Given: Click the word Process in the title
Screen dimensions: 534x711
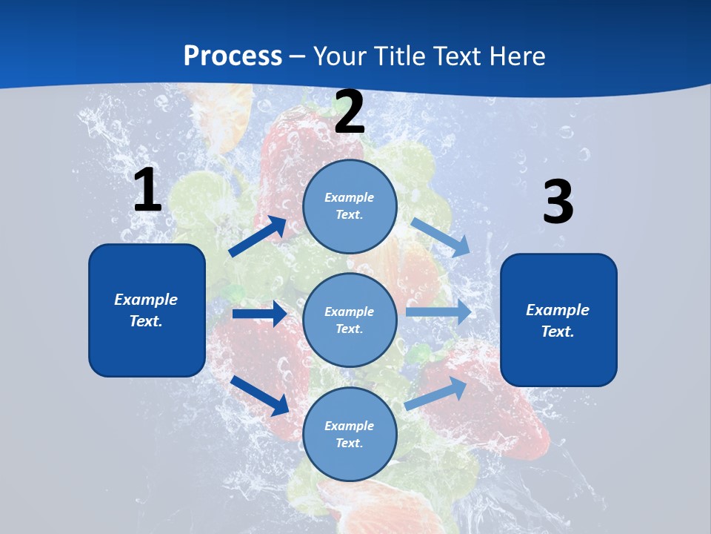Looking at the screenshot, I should click(x=233, y=56).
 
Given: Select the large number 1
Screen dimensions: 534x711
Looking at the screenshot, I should click(x=147, y=191).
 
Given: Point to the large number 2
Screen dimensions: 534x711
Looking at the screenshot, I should click(x=350, y=113).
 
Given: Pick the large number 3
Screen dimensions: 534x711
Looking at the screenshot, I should click(x=558, y=202).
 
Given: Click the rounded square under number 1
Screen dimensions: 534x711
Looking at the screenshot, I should click(x=147, y=310).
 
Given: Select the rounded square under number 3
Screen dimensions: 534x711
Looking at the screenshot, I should click(x=558, y=320).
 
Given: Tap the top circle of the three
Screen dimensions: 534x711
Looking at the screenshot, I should click(x=350, y=205).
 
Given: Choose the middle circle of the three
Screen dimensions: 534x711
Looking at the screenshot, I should click(x=350, y=320).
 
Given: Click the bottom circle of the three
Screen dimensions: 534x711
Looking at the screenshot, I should click(x=350, y=434).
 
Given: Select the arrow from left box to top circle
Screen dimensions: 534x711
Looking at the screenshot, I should click(x=258, y=237).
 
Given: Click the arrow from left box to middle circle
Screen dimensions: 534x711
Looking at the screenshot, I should click(x=259, y=314).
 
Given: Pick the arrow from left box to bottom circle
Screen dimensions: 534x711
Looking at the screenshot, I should click(x=260, y=395).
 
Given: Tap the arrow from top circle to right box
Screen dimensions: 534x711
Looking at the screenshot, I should click(x=441, y=237).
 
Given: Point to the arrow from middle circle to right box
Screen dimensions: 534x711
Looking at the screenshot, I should click(x=438, y=311).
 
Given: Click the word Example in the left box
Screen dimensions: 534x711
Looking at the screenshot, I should click(x=146, y=300).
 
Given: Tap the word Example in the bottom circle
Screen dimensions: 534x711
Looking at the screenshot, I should click(x=350, y=426).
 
